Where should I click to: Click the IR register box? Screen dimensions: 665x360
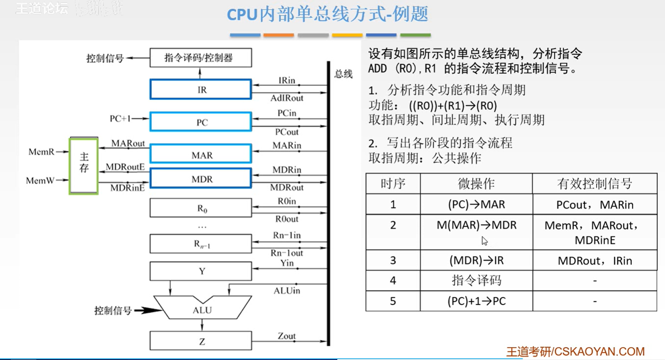point(201,89)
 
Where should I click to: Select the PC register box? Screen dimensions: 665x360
point(201,122)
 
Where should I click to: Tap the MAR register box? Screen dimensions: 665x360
point(201,154)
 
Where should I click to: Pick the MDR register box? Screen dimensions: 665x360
point(201,178)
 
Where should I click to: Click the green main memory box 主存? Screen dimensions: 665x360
point(84,166)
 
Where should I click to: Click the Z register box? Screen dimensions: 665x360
point(201,341)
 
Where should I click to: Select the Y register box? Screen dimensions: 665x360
point(201,271)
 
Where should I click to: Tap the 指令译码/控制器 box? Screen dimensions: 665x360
point(201,57)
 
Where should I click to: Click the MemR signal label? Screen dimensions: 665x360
point(41,152)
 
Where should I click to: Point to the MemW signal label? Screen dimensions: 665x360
point(40,180)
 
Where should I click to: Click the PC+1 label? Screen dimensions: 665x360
point(120,119)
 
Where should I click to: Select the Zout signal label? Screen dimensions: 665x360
point(286,336)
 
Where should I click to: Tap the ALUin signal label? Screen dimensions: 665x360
point(287,291)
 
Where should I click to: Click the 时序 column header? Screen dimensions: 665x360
point(393,184)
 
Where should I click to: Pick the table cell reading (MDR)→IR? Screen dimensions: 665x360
point(476,260)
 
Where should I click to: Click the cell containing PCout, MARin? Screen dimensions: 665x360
point(594,205)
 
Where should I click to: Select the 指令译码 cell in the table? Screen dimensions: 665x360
point(476,280)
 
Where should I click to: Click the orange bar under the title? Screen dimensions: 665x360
point(278,35)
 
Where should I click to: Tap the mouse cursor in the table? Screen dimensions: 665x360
point(485,241)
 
